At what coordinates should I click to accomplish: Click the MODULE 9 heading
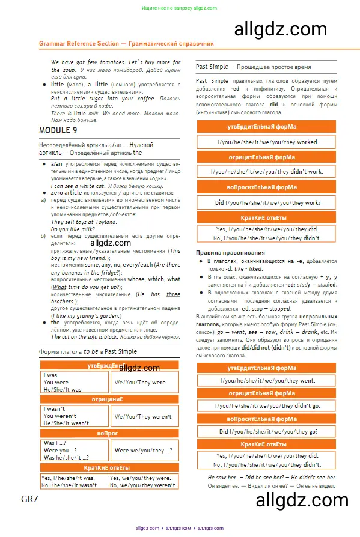click(x=58, y=130)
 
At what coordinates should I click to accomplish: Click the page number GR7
click(x=29, y=499)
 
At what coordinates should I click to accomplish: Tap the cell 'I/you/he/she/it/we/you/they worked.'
click(x=267, y=142)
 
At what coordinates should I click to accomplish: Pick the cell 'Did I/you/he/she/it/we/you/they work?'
click(x=267, y=203)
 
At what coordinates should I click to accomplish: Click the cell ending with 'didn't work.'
click(x=267, y=171)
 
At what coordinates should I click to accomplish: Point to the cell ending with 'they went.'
click(x=267, y=380)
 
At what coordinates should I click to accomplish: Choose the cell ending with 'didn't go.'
click(x=267, y=406)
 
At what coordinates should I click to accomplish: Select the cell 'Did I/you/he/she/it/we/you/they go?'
click(x=267, y=431)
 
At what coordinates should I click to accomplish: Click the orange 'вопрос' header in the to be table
click(x=109, y=433)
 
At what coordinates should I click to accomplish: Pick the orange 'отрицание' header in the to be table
click(x=109, y=399)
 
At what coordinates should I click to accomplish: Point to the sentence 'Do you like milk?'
click(x=73, y=229)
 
